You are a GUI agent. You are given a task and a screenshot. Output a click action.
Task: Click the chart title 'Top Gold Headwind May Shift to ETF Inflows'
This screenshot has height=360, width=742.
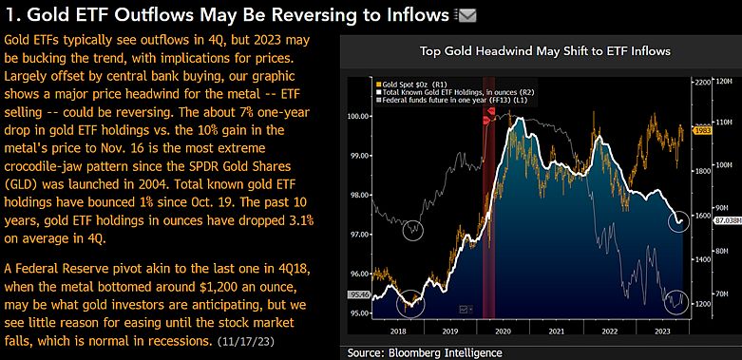[538, 50]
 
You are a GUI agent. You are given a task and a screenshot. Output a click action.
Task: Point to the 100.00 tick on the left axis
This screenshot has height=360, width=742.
[360, 117]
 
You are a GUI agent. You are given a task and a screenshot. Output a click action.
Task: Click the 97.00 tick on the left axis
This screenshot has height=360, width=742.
[360, 234]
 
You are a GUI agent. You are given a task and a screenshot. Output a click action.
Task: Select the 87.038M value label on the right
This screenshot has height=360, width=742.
[727, 219]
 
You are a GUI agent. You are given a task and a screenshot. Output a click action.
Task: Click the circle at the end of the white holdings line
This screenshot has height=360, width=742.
[678, 220]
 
